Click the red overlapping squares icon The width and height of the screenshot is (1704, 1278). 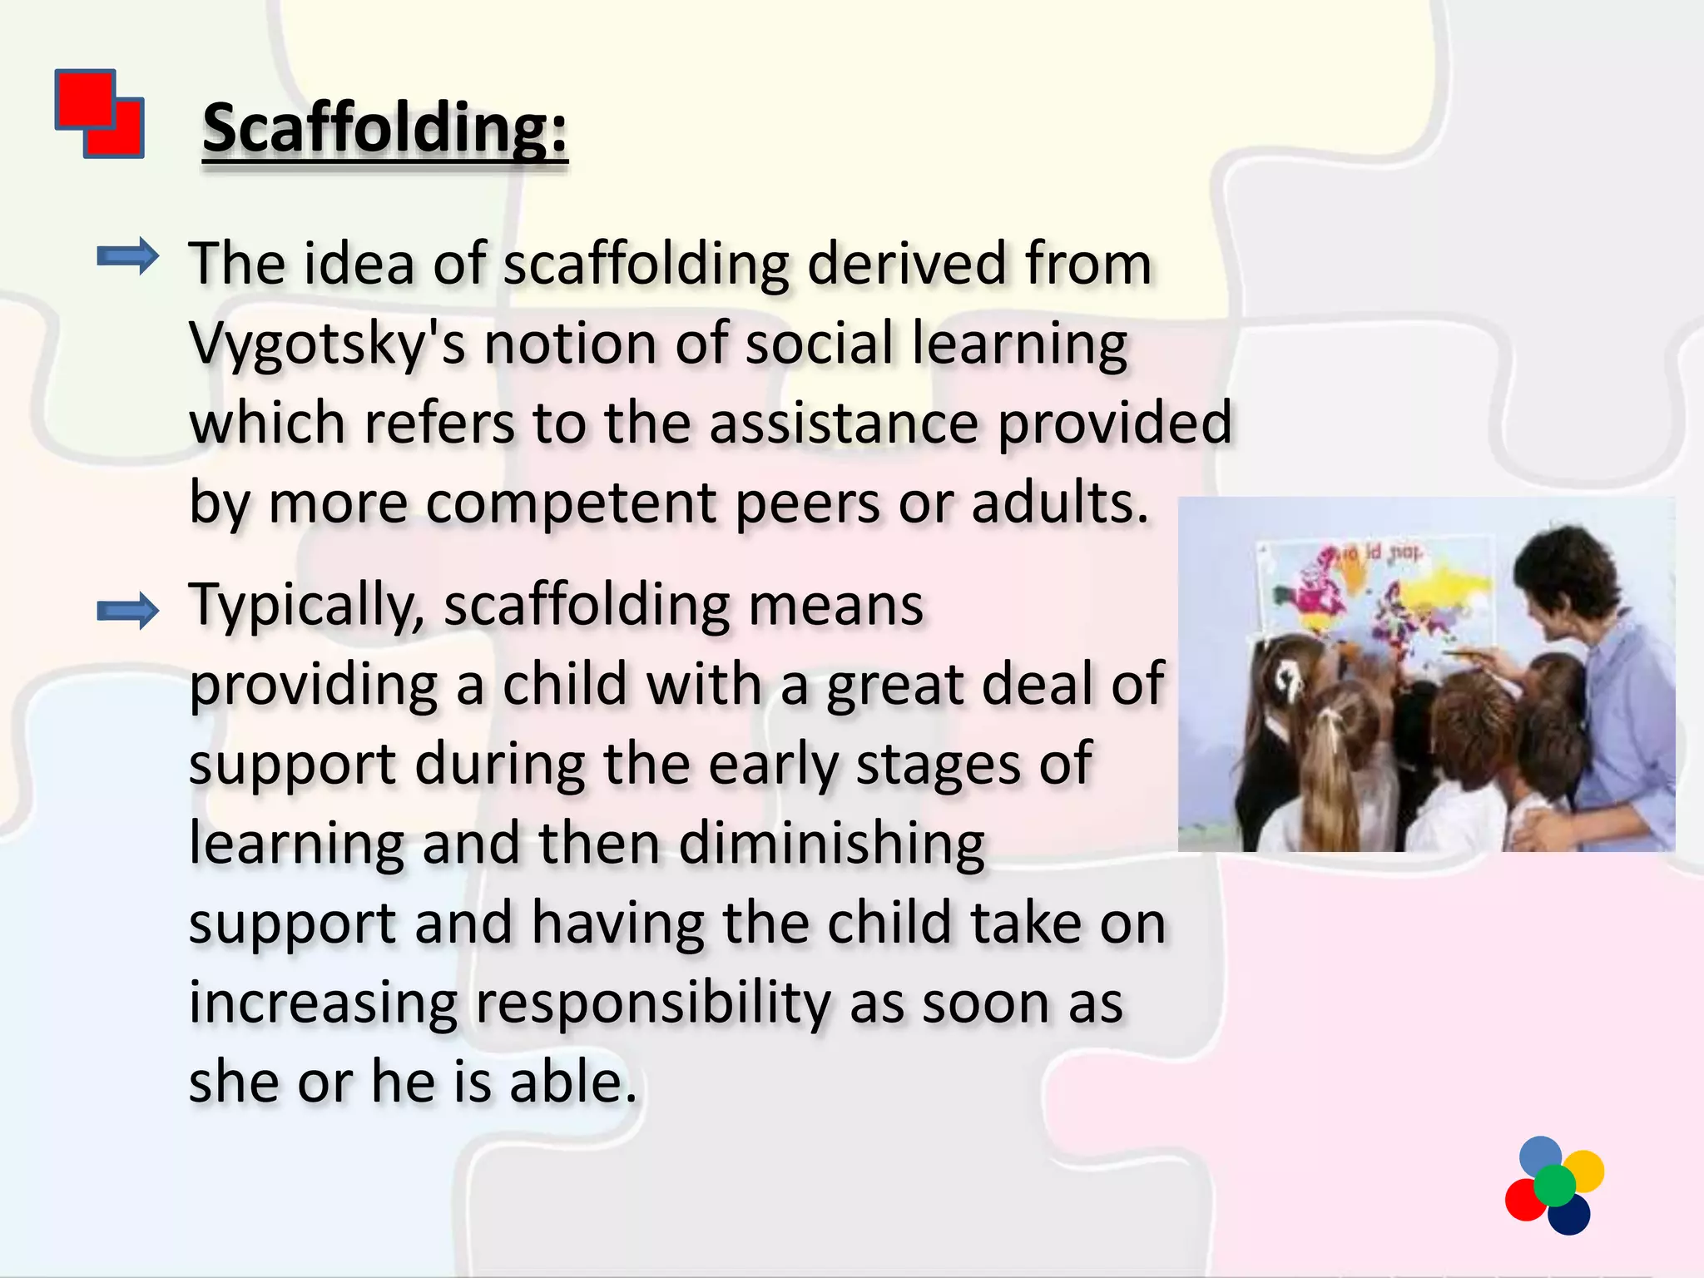point(100,114)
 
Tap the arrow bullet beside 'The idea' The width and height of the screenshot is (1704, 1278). point(127,256)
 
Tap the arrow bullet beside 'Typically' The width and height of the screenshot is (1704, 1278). point(127,612)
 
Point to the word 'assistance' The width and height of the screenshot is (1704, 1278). point(844,423)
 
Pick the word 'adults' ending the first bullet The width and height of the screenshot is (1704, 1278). point(1059,503)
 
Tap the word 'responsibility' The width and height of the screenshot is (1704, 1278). point(652,1003)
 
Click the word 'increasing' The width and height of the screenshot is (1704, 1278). point(323,1003)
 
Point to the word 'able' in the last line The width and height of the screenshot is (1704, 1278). point(572,1082)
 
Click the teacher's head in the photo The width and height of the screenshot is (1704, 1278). point(1564,574)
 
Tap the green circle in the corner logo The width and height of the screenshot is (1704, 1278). point(1554,1185)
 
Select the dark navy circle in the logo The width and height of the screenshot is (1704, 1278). point(1571,1216)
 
